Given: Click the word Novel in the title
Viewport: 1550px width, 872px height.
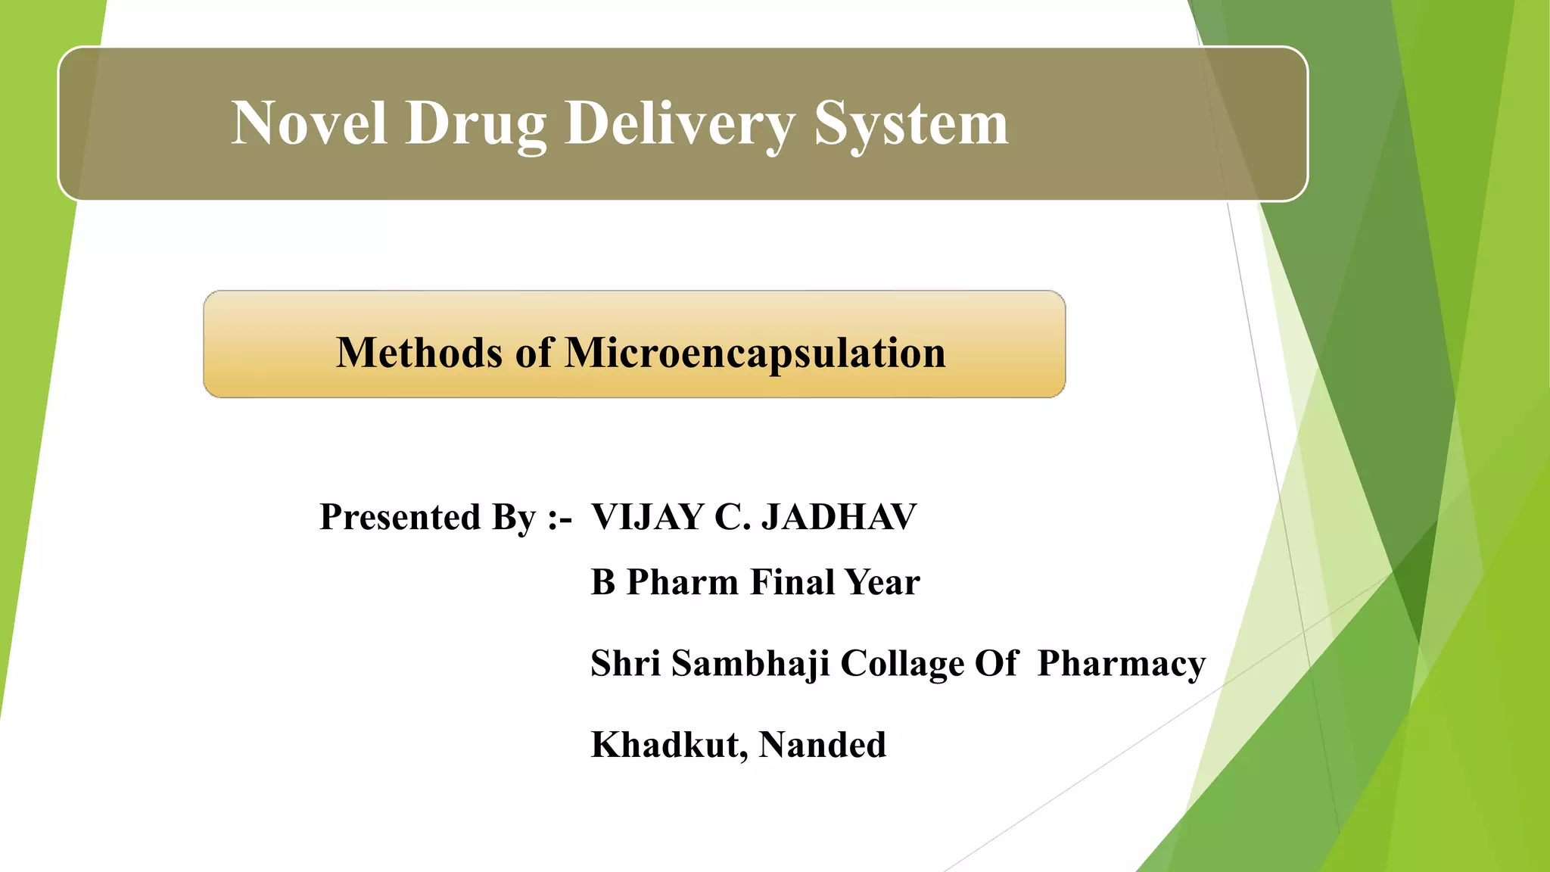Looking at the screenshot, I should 310,123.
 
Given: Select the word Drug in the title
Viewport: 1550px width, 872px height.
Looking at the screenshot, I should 476,125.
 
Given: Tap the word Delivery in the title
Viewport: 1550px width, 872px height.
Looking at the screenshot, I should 680,125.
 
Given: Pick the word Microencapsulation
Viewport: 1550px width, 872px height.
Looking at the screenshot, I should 755,354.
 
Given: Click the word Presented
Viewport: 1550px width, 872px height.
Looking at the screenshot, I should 400,517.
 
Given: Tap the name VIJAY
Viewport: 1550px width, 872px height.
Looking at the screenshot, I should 647,518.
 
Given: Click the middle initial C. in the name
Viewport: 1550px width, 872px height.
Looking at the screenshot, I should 731,518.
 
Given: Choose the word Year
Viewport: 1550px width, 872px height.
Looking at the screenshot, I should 882,582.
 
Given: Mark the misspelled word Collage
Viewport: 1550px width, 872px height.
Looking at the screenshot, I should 902,665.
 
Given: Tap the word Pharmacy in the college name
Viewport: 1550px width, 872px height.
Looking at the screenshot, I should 1121,665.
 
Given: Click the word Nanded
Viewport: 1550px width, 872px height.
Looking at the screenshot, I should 822,745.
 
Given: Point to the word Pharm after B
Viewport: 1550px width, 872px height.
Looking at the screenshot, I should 682,582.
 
